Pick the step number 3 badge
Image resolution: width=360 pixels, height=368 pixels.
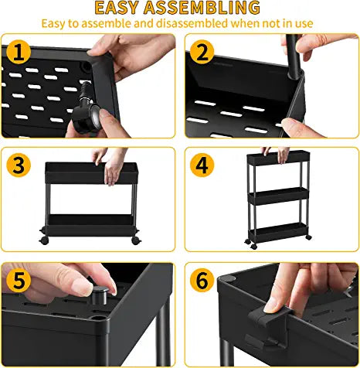click(x=19, y=165)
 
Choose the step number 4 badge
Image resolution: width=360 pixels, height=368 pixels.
click(x=202, y=165)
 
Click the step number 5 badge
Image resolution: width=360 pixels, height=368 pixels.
click(x=19, y=278)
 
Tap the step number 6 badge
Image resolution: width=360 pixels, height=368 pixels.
click(x=202, y=278)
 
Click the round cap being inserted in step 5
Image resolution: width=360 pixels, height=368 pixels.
click(x=99, y=293)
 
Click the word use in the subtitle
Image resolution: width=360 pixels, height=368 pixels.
click(x=302, y=23)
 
